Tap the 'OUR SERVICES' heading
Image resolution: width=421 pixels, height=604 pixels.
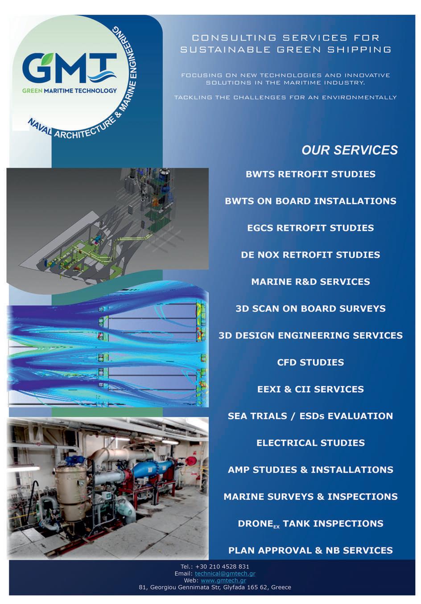coord(350,150)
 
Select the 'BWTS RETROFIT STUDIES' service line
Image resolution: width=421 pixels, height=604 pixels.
coord(310,174)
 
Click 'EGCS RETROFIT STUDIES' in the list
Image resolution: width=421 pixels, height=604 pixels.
coord(310,228)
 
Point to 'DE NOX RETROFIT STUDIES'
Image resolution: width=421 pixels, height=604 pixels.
coord(310,255)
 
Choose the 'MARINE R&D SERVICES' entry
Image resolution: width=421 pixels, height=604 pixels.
coord(310,282)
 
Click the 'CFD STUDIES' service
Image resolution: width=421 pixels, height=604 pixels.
coord(310,362)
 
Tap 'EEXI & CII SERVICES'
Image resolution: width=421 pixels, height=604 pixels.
coord(310,389)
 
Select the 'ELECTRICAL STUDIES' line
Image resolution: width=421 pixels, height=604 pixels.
coord(310,443)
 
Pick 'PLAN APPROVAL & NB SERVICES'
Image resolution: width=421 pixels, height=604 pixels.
coord(310,551)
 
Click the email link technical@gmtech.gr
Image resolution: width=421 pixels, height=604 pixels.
coord(225,574)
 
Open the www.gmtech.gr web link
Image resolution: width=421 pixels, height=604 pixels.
coord(223,580)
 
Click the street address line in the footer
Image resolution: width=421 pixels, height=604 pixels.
coord(215,588)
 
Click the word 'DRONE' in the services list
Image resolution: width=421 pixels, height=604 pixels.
coord(255,523)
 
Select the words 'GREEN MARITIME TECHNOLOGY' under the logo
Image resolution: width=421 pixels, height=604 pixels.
coord(70,90)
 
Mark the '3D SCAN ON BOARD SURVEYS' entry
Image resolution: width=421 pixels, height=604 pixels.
coord(310,308)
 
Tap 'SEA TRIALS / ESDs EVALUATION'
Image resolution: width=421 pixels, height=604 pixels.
coord(310,416)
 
